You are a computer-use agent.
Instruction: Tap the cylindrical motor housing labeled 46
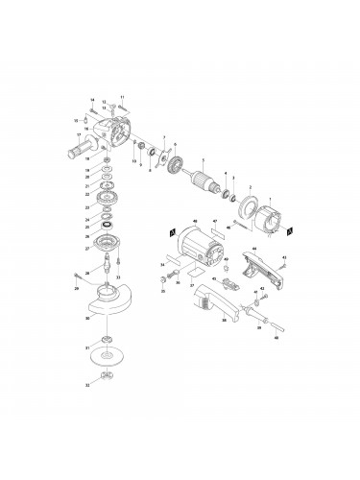point(198,252)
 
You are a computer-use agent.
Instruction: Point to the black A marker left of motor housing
point(170,231)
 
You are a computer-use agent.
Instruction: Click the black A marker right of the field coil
point(290,230)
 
